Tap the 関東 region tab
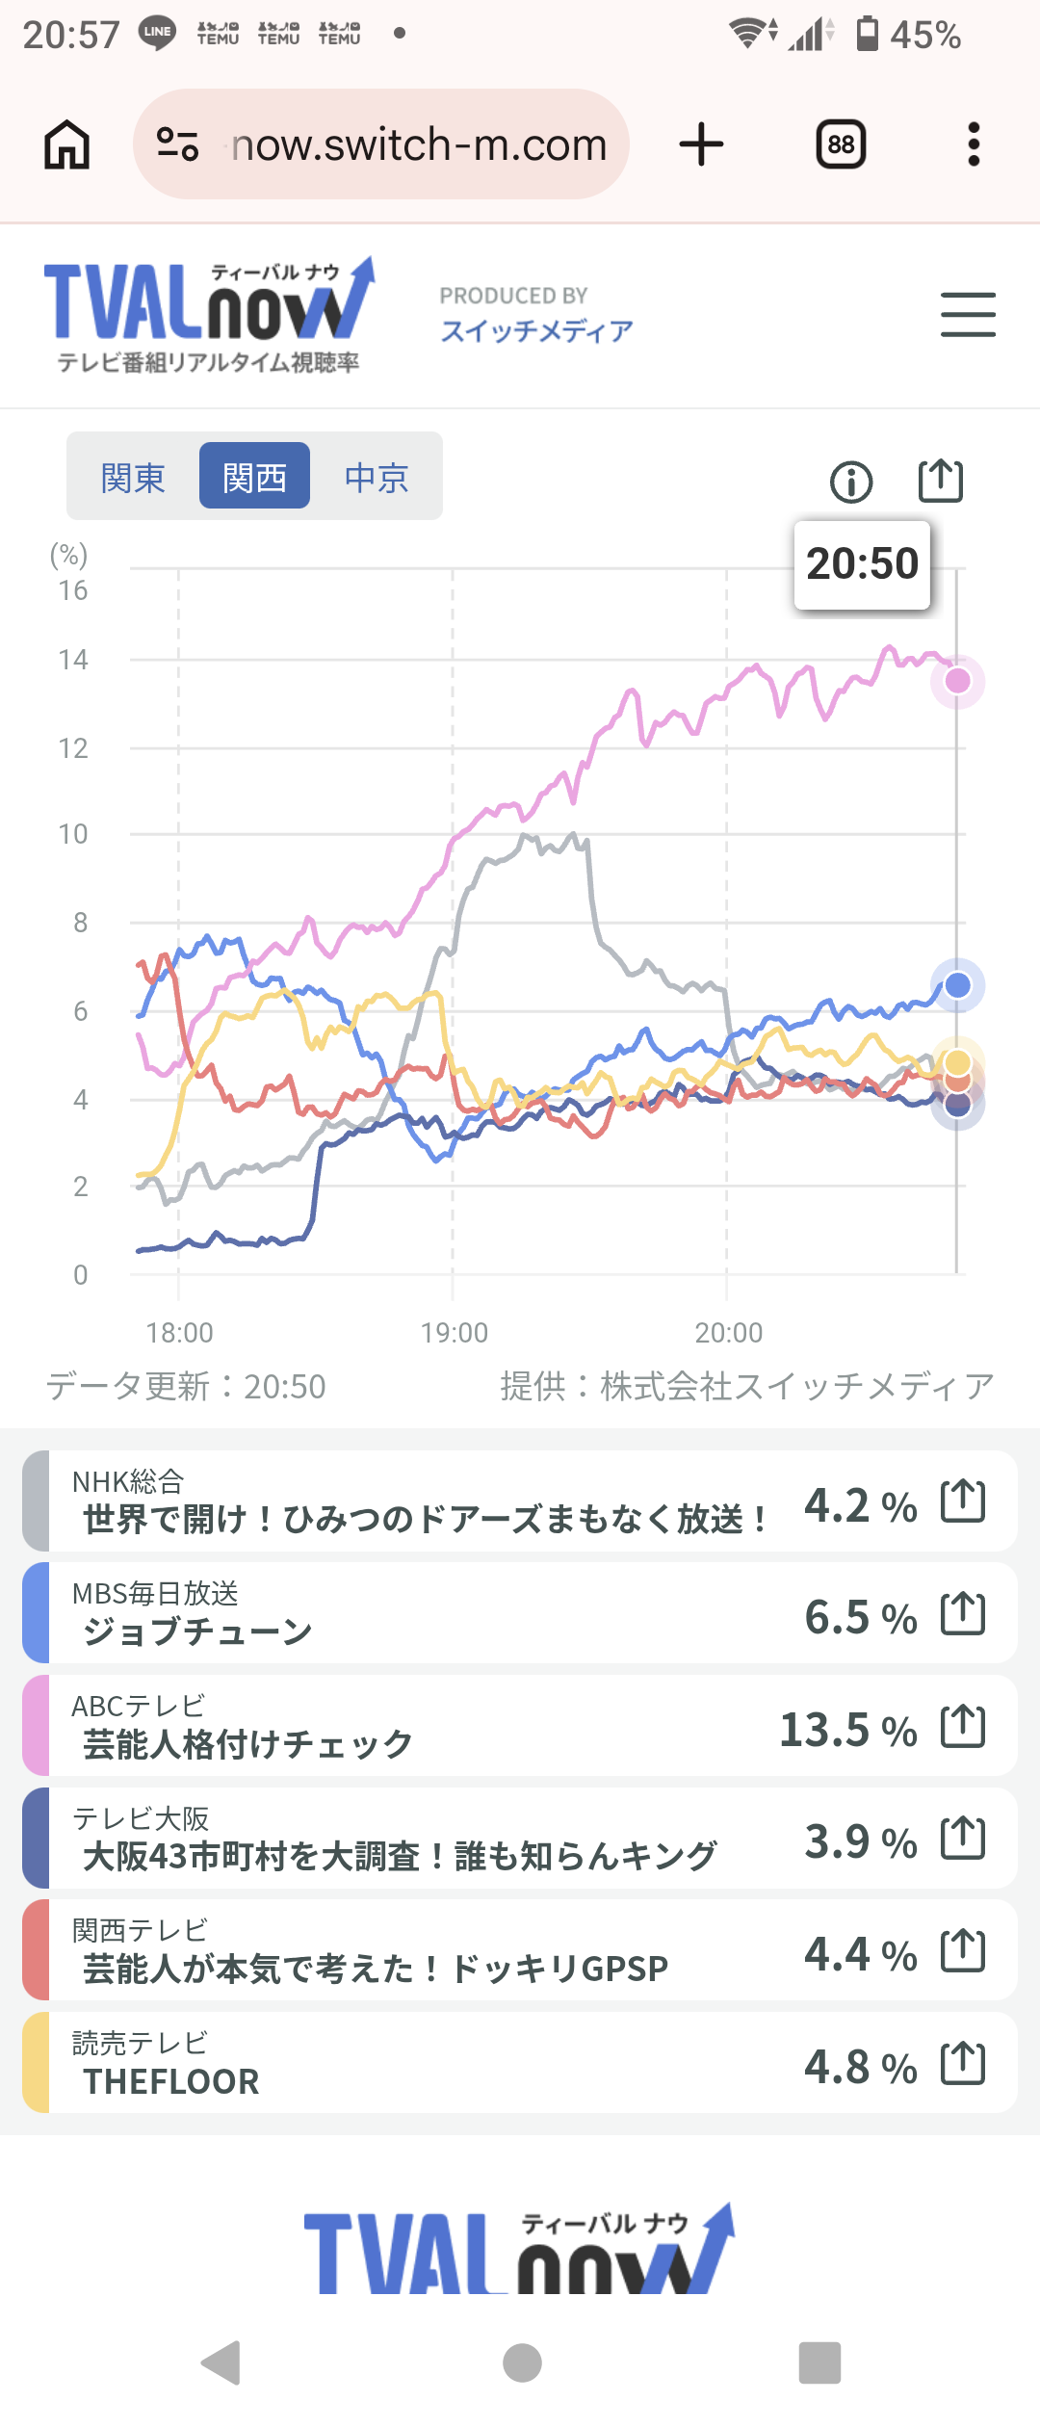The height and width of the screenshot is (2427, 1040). pos(133,477)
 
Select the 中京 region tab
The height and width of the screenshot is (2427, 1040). pos(377,477)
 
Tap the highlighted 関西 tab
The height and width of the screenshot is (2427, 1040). pos(254,476)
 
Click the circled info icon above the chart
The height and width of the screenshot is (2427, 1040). pos(851,482)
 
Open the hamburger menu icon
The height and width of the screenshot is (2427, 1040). pos(968,315)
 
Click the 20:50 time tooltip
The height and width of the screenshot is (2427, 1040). pos(862,564)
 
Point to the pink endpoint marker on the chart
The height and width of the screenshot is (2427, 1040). pos(957,681)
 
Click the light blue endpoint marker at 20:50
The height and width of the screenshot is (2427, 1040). pos(957,985)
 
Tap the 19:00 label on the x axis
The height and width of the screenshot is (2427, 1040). pos(454,1333)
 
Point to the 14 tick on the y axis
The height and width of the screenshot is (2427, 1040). pos(73,660)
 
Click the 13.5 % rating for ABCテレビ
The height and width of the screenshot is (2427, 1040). pos(847,1730)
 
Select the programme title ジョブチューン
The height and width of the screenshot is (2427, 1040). pos(197,1631)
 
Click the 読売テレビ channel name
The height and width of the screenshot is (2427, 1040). pos(140,2043)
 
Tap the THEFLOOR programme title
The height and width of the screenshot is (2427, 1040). pos(171,2082)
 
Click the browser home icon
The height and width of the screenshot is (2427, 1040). pos(67,145)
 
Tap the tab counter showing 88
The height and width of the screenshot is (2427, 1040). pos(841,145)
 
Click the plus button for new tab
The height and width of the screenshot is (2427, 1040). pos(701,145)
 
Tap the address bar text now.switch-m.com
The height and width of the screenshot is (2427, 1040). pos(419,145)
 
